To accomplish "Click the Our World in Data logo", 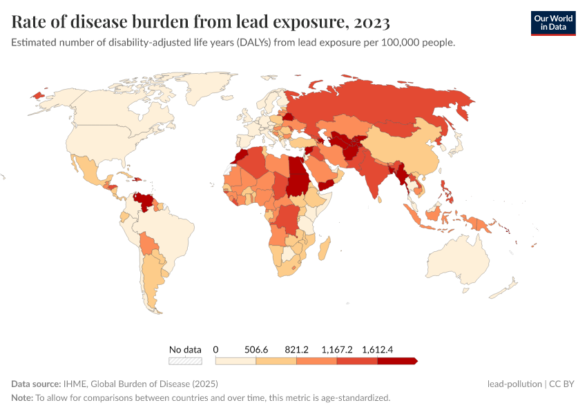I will [552, 23].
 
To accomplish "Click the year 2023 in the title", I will [372, 23].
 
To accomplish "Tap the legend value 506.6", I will [256, 350].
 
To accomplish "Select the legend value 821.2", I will [296, 350].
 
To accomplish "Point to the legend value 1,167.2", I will [337, 350].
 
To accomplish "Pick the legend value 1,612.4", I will [377, 350].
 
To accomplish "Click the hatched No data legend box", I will [186, 361].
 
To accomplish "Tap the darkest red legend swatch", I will [396, 361].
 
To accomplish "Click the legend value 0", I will [216, 350].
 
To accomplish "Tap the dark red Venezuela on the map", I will [144, 201].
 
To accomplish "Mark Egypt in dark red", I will [299, 166].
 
